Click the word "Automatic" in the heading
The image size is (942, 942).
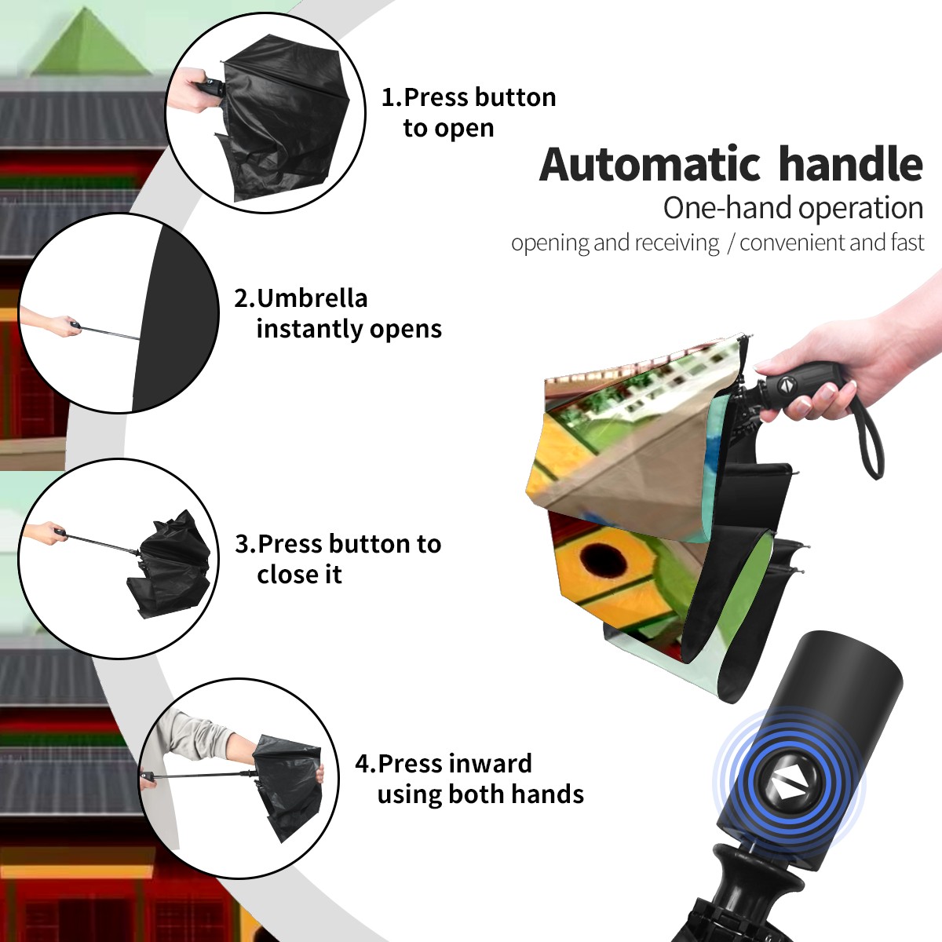[650, 164]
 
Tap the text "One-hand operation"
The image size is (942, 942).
[793, 208]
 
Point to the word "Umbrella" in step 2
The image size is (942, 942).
[312, 298]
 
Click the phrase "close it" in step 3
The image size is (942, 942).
[299, 575]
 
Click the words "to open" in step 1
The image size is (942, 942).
[448, 129]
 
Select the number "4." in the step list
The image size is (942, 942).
[366, 764]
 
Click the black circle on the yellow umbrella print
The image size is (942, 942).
[603, 560]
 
